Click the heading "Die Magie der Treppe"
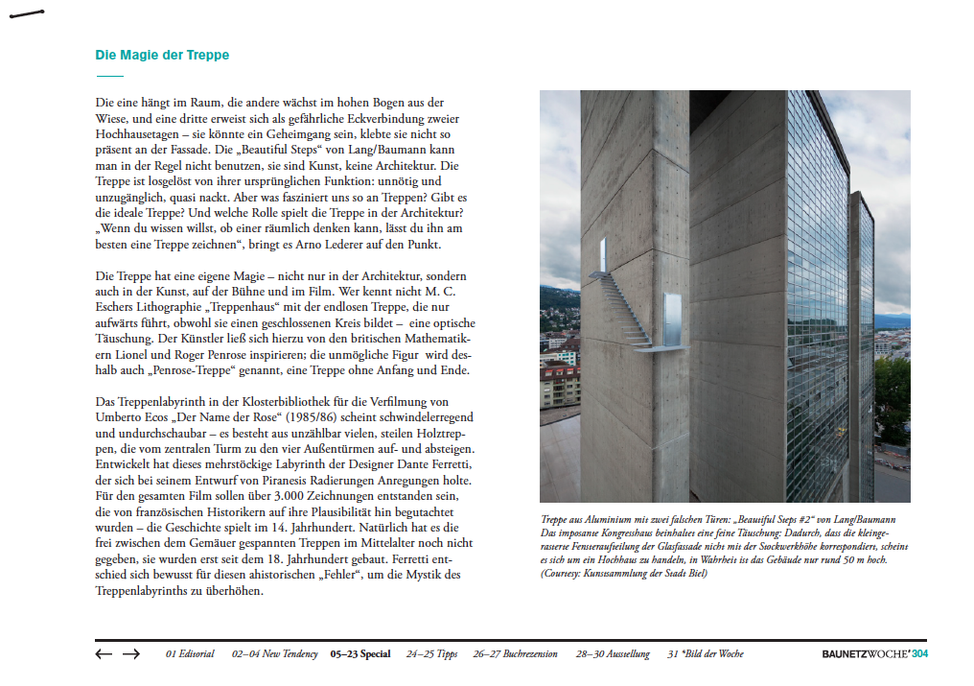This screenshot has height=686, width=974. tap(162, 56)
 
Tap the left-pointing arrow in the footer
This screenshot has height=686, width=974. tap(104, 654)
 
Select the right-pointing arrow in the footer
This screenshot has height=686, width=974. tap(131, 654)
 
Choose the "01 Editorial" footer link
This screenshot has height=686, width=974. tap(190, 654)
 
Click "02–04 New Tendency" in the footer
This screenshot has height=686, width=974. tap(274, 654)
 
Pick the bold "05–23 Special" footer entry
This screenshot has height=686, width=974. tap(360, 654)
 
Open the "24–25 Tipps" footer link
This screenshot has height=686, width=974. tap(431, 654)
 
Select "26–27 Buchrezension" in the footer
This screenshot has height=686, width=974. tap(515, 654)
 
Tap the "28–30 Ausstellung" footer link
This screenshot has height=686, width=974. tap(613, 654)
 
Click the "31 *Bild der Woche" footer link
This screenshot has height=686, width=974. tap(706, 654)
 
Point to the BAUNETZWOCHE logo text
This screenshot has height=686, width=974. tap(865, 654)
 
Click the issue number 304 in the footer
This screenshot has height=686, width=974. tap(919, 654)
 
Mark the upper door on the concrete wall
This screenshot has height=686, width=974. tap(602, 254)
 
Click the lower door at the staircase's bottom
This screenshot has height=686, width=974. tap(672, 320)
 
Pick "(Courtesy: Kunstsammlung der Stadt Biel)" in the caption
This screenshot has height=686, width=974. tap(624, 573)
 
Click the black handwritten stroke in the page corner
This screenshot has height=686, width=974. tap(26, 14)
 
